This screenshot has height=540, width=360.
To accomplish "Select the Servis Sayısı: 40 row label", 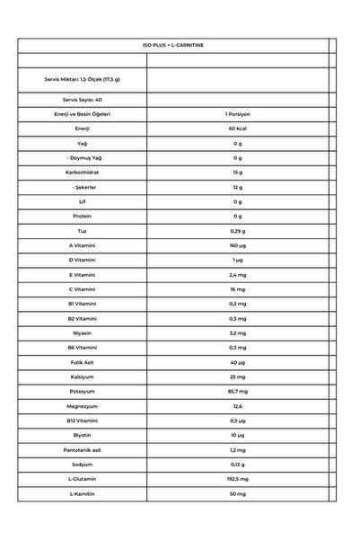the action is (x=82, y=100).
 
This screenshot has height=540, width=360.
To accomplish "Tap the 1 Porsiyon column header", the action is (x=237, y=114).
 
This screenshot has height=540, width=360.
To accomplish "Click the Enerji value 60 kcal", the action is (x=237, y=128).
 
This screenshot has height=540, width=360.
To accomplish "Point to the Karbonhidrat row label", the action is (x=82, y=173).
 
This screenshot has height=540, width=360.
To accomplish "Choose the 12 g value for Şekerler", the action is (x=237, y=187).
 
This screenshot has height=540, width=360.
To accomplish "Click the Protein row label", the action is (x=82, y=217).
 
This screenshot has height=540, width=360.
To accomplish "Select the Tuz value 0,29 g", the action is (x=237, y=231).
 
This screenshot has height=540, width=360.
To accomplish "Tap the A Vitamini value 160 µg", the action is (x=237, y=245).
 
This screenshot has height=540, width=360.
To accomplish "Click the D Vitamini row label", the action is (x=82, y=260).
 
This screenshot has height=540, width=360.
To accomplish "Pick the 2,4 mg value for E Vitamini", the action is (x=237, y=274).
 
